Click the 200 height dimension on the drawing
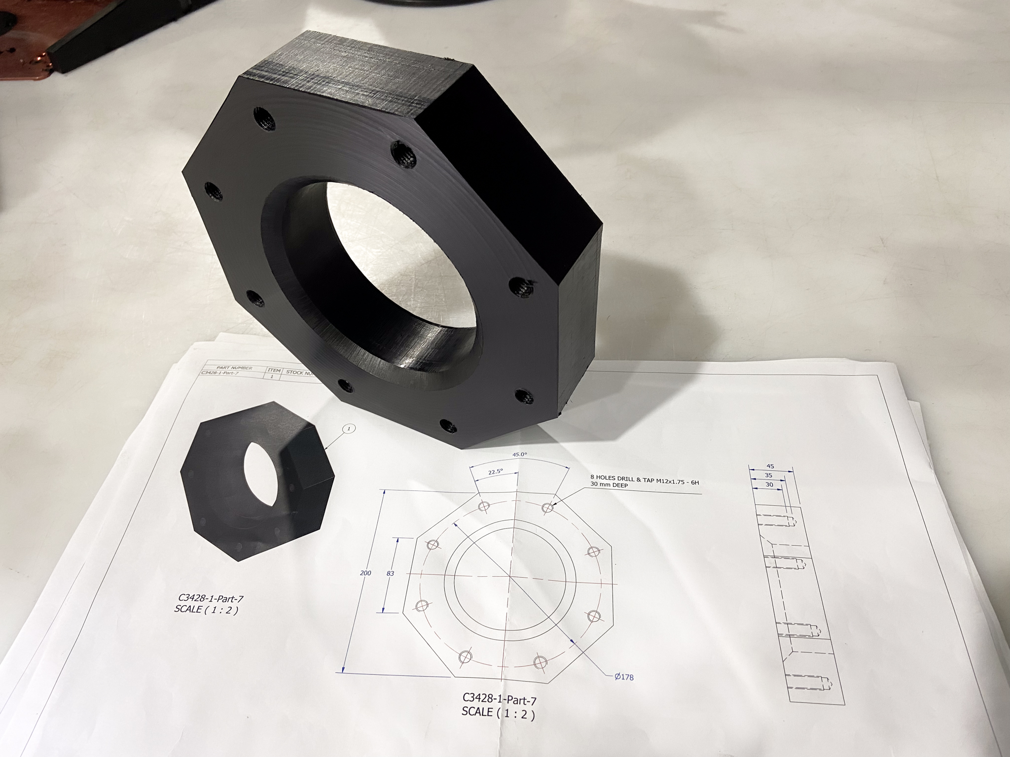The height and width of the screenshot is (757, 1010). [x=366, y=574]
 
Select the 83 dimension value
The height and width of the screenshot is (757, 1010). [x=390, y=574]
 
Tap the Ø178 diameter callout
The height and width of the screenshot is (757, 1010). [x=624, y=677]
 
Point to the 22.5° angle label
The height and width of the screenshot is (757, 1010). [x=495, y=472]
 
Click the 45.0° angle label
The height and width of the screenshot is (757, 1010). [x=518, y=454]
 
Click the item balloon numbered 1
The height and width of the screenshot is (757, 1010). [x=349, y=429]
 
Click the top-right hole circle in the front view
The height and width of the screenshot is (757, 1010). [x=547, y=508]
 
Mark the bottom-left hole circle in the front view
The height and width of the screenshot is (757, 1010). [x=465, y=656]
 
